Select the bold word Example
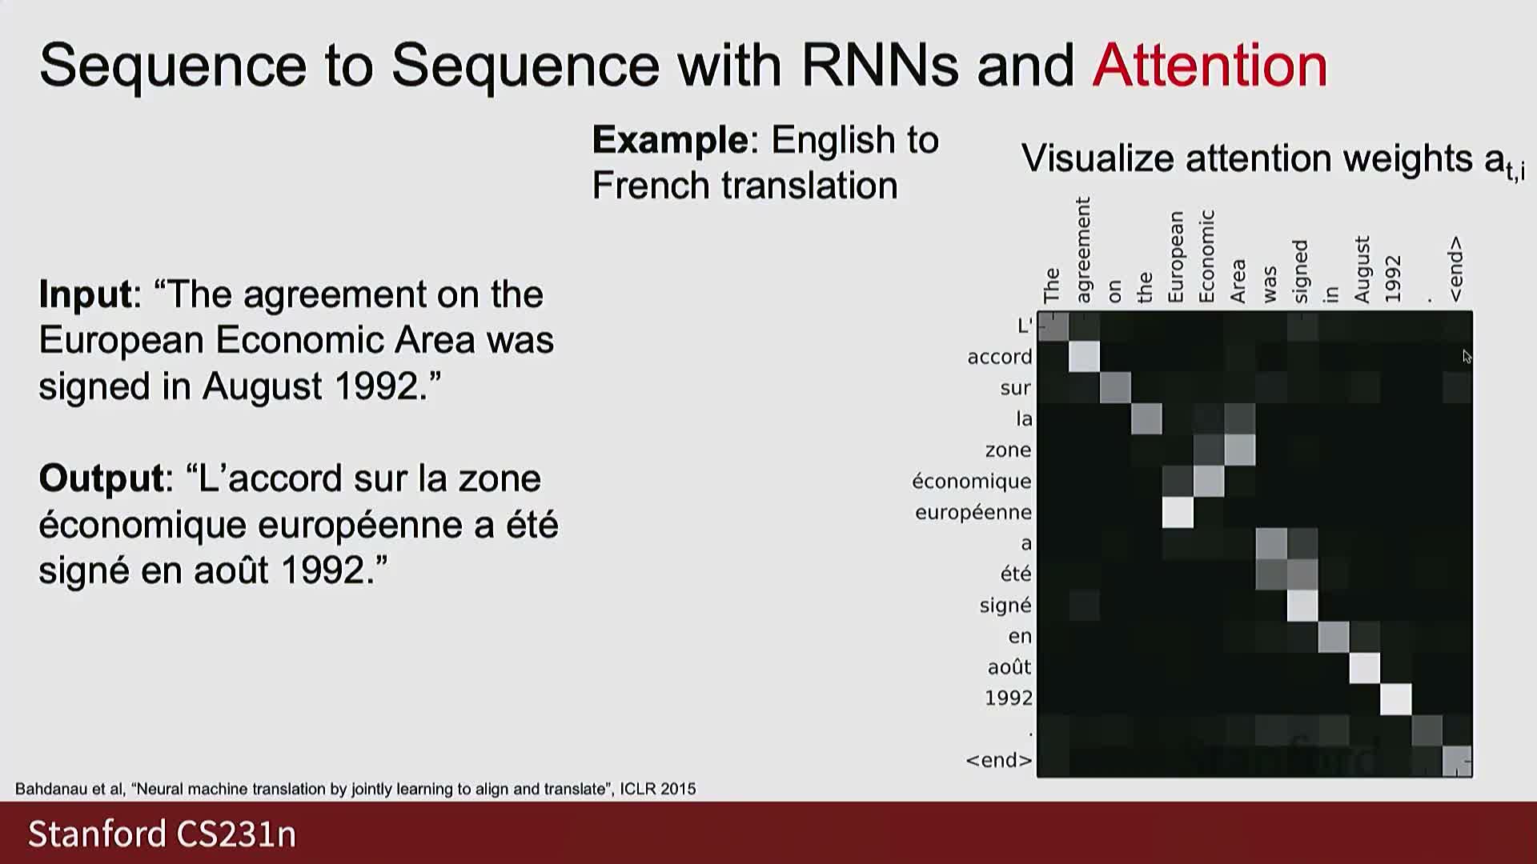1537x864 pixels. (x=670, y=141)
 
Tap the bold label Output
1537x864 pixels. (x=102, y=479)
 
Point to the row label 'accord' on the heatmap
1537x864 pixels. (x=999, y=357)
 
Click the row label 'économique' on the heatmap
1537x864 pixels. (x=971, y=481)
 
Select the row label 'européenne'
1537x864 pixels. (x=973, y=513)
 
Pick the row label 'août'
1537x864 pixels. (x=1009, y=666)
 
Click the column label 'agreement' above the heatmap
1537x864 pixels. (x=1083, y=250)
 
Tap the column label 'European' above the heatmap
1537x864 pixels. (x=1175, y=257)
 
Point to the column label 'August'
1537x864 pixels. (x=1362, y=270)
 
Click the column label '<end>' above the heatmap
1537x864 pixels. (x=1455, y=269)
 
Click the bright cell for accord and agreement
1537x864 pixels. (x=1084, y=357)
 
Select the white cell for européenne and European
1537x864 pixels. (x=1178, y=512)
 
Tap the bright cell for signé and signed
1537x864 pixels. (x=1302, y=606)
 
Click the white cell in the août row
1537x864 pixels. (x=1365, y=667)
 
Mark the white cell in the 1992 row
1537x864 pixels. (x=1396, y=698)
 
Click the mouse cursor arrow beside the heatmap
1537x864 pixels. (x=1467, y=356)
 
